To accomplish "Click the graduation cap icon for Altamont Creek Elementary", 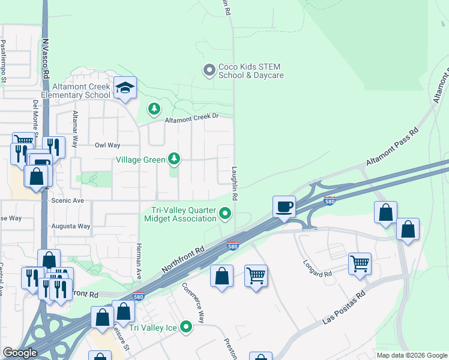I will (x=125, y=88).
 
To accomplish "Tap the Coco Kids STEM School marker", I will (x=209, y=71).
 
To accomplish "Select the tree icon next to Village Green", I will (x=174, y=159).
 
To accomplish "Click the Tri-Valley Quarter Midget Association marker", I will (x=225, y=213).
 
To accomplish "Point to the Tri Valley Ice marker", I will (x=187, y=327).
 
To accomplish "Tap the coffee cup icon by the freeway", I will (x=285, y=206).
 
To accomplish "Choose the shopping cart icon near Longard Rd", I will (x=360, y=262).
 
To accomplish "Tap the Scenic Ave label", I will (x=68, y=200).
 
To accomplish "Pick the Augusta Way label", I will (x=74, y=226).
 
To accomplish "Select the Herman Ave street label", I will (x=138, y=261).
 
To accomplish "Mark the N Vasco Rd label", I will (x=46, y=59).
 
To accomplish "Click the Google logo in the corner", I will (x=20, y=353).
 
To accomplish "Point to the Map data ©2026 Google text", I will (x=411, y=355).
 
